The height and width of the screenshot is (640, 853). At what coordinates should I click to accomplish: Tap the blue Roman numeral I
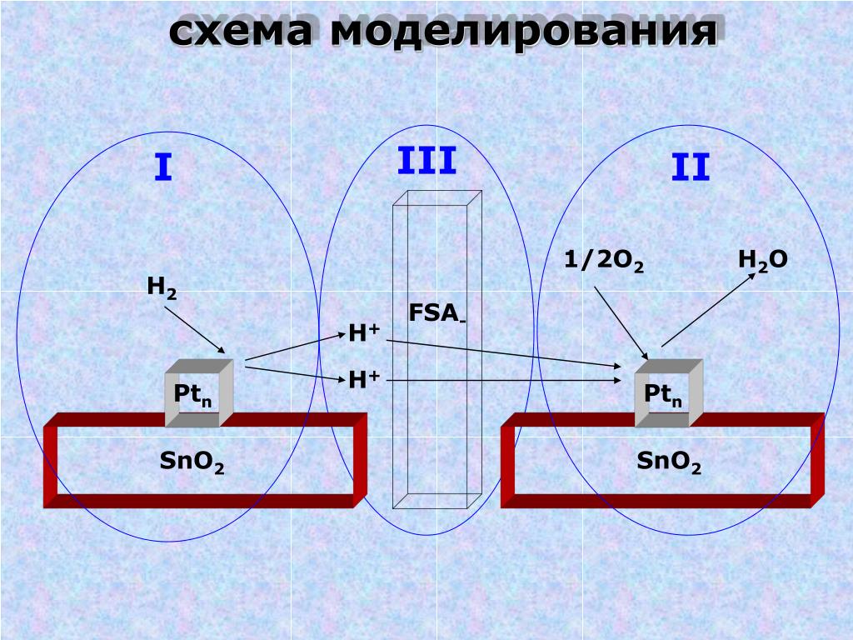pyautogui.click(x=163, y=169)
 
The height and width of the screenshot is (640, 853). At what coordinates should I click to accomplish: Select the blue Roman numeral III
pyautogui.click(x=426, y=161)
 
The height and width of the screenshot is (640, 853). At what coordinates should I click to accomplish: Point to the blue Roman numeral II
pyautogui.click(x=691, y=169)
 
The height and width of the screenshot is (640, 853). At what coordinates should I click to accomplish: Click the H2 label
pyautogui.click(x=162, y=287)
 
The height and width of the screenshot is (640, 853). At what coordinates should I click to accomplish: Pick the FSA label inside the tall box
pyautogui.click(x=436, y=313)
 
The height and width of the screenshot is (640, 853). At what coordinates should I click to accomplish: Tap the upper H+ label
pyautogui.click(x=364, y=333)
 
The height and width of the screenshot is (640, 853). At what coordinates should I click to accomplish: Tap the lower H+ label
pyautogui.click(x=364, y=380)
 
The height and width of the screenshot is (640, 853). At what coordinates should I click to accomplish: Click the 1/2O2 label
pyautogui.click(x=603, y=262)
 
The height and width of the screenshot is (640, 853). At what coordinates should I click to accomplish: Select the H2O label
pyautogui.click(x=762, y=260)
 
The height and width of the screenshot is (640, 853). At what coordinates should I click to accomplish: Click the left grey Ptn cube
pyautogui.click(x=198, y=393)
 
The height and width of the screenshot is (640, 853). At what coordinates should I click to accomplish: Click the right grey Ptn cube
pyautogui.click(x=668, y=393)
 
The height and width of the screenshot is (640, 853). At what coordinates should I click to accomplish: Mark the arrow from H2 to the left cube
pyautogui.click(x=195, y=330)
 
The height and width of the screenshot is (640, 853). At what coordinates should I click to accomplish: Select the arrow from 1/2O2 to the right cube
pyautogui.click(x=621, y=323)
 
